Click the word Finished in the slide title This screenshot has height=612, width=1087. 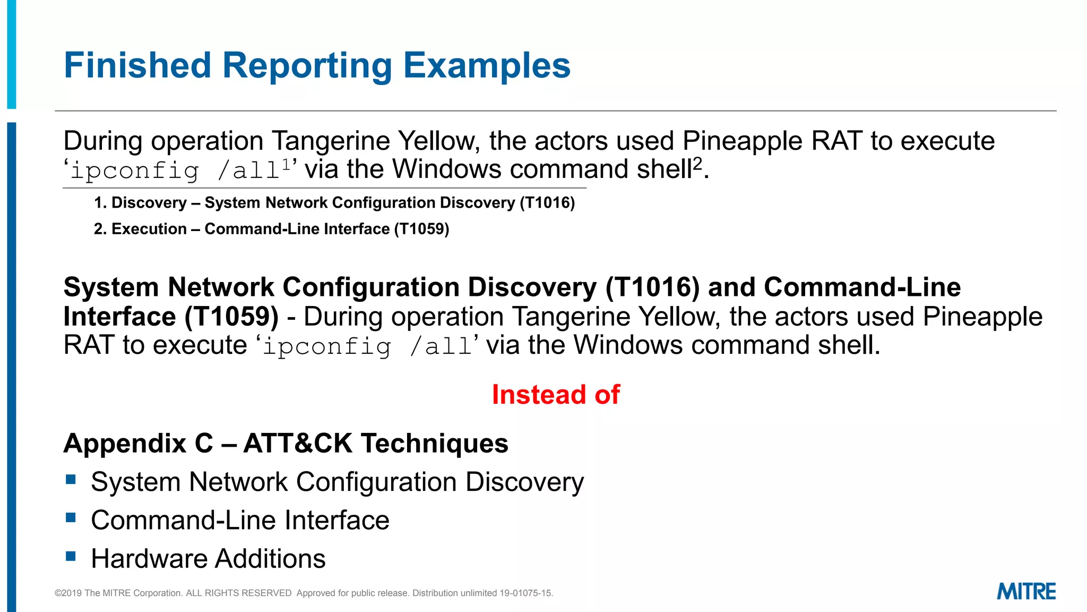pos(137,65)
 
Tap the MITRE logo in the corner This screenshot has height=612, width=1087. pos(1026,591)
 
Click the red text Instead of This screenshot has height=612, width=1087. pos(555,395)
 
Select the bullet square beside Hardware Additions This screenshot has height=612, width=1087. pos(71,556)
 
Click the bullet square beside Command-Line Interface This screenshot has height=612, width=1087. pos(71,517)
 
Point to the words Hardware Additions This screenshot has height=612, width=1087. pos(208,559)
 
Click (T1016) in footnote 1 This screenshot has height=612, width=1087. pos(547,203)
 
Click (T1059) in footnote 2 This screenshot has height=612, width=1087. pos(421,229)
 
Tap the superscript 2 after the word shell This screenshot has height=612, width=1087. pos(697,163)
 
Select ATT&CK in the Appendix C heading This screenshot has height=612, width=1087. pos(297,444)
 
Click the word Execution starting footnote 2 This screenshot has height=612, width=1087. pos(149,229)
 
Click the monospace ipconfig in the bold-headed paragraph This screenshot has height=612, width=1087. pos(327,346)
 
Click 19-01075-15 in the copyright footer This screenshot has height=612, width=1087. pos(525,593)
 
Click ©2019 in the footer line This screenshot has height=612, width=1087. pos(68,593)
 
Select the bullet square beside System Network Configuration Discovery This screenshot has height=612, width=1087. pos(71,480)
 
